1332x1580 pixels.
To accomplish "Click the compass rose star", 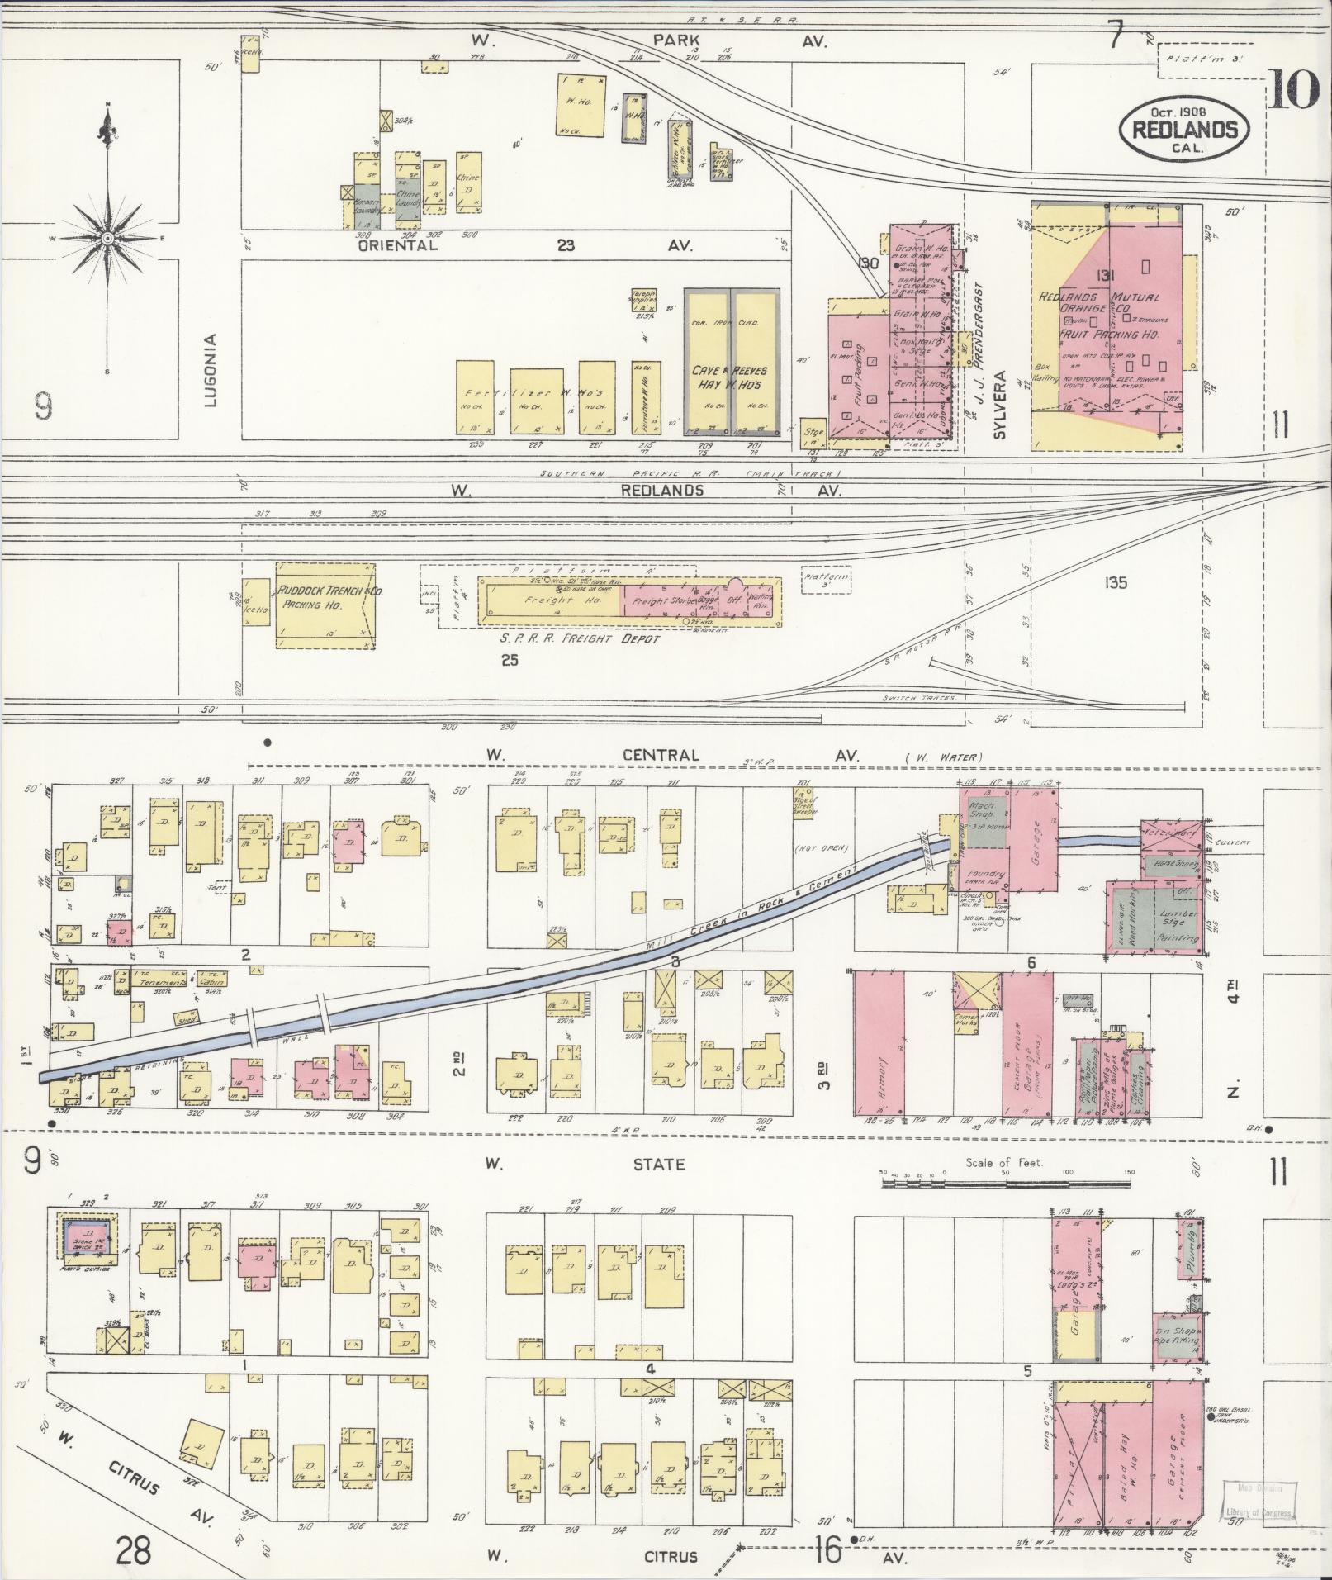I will click(108, 238).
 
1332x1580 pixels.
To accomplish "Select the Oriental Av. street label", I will click(396, 245).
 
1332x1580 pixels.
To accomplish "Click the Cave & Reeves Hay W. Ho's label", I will click(732, 378).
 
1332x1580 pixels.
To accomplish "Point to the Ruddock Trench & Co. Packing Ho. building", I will click(325, 606).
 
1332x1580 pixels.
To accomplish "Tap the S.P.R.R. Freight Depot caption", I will click(580, 639).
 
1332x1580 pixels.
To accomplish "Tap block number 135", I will click(1114, 583).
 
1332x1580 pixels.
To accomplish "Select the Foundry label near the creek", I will click(988, 873).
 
